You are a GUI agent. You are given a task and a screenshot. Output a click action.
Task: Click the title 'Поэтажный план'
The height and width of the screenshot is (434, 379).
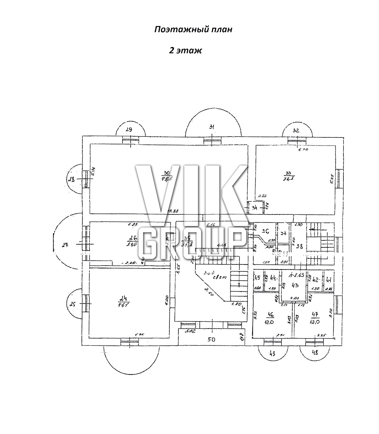[x=193, y=30]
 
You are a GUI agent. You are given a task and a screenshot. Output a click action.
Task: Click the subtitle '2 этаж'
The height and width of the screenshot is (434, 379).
[x=185, y=50]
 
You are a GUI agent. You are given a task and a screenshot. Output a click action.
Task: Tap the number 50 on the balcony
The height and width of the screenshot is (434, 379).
[x=212, y=339]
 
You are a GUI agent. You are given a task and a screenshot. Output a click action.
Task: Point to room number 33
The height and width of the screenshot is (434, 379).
[x=288, y=173]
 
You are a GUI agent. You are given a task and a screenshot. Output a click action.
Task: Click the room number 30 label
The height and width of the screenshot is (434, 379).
[x=167, y=174]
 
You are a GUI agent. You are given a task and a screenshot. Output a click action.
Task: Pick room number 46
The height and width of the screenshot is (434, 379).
[x=271, y=315]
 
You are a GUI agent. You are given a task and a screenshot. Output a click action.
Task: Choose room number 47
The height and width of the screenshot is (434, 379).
[x=315, y=315]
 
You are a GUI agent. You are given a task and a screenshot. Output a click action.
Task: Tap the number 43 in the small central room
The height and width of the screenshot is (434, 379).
[x=295, y=285]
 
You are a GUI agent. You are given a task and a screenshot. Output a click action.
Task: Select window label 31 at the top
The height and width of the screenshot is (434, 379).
[x=212, y=126]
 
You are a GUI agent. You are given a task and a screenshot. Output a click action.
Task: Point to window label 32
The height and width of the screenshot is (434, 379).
[x=296, y=130]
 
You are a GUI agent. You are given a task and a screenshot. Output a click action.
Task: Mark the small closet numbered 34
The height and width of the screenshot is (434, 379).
[x=255, y=207]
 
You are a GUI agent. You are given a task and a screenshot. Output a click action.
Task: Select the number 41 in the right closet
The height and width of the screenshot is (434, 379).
[x=328, y=279]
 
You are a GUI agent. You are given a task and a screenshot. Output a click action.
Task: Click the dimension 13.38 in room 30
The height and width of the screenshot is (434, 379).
[x=173, y=211]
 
